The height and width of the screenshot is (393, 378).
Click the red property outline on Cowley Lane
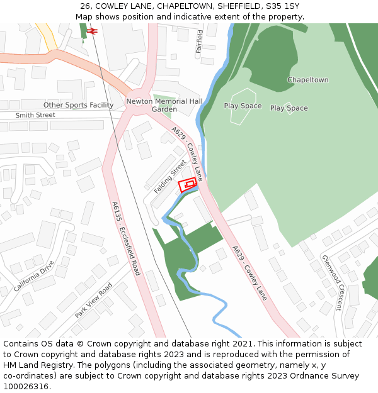pyautogui.click(x=188, y=185)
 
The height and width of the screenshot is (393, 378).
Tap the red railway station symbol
pyautogui.click(x=91, y=30)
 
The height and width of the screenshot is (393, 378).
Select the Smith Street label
pyautogui.click(x=35, y=115)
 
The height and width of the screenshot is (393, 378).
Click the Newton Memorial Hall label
pyautogui.click(x=164, y=101)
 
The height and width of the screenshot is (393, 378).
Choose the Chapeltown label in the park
pyautogui.click(x=307, y=80)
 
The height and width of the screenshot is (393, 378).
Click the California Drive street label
pyautogui.click(x=34, y=275)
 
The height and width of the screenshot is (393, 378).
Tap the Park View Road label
pyautogui.click(x=93, y=300)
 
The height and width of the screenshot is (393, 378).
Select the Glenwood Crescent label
pyautogui.click(x=331, y=282)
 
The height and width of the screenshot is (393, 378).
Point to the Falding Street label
pyautogui.click(x=170, y=176)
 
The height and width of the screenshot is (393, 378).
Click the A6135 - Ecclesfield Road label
pyautogui.click(x=126, y=238)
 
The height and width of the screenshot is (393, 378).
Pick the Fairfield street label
pyautogui.click(x=200, y=41)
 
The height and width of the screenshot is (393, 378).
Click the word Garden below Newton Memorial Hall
pyautogui.click(x=164, y=109)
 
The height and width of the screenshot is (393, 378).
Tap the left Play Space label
pyautogui.click(x=243, y=106)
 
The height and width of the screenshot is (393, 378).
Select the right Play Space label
pyautogui.click(x=289, y=108)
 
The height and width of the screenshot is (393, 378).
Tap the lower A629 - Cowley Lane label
pyautogui.click(x=249, y=272)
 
